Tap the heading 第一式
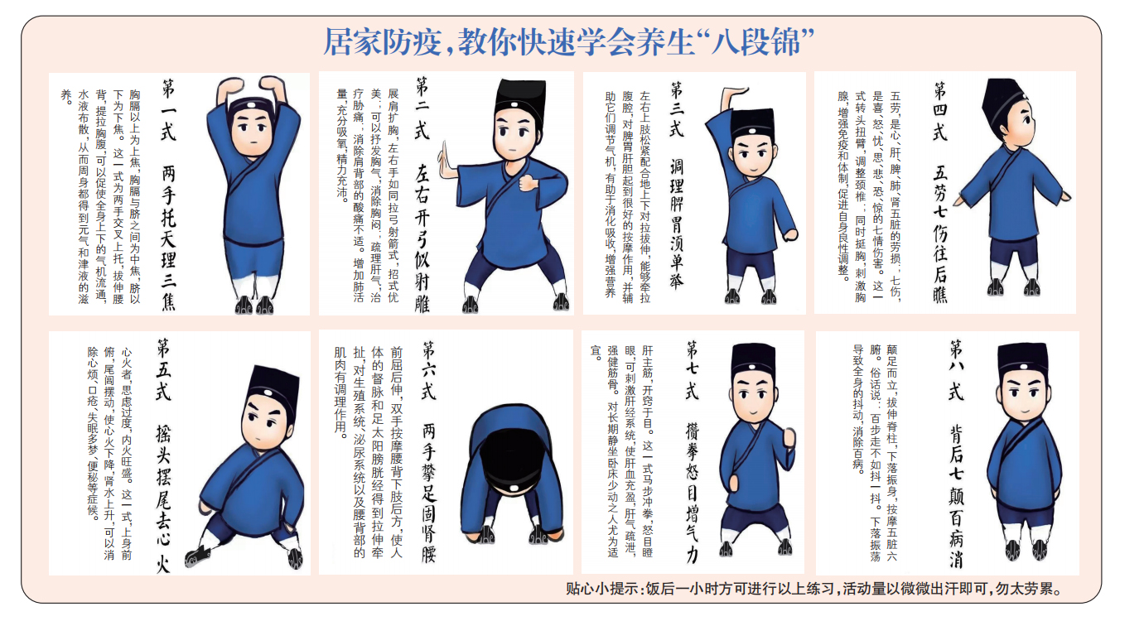(168, 110)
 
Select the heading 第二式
(422, 108)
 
